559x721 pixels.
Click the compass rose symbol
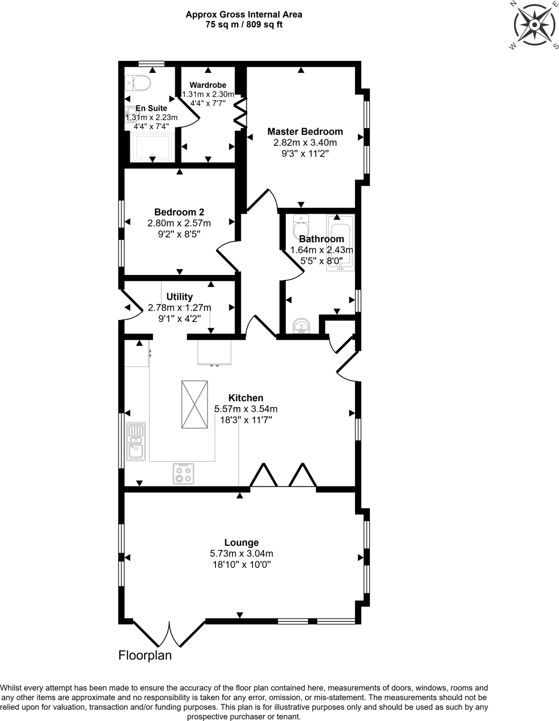pyautogui.click(x=534, y=25)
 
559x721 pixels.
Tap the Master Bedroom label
pyautogui.click(x=305, y=132)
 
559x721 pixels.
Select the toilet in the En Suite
pyautogui.click(x=138, y=83)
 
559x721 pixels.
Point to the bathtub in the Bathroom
pyautogui.click(x=340, y=243)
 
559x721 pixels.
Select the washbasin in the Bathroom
pyautogui.click(x=301, y=326)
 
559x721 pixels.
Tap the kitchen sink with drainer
pyautogui.click(x=136, y=441)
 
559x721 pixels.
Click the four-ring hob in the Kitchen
pyautogui.click(x=184, y=474)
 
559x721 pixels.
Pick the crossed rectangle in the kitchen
pyautogui.click(x=194, y=405)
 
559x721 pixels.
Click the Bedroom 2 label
pyautogui.click(x=179, y=212)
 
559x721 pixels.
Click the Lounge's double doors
pyautogui.click(x=169, y=634)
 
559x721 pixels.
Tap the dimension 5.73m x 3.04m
pyautogui.click(x=242, y=553)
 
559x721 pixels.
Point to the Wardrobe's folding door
pyautogui.click(x=241, y=113)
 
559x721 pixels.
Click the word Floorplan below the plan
pyautogui.click(x=145, y=655)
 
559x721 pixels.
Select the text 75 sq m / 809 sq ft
pyautogui.click(x=244, y=25)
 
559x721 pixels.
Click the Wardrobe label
pyautogui.click(x=208, y=85)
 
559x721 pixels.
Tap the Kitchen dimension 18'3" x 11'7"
pyautogui.click(x=246, y=420)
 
